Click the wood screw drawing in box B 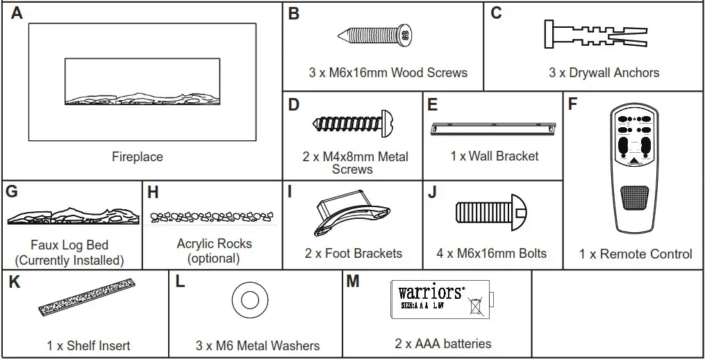376,34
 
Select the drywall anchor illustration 595,33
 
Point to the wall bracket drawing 493,128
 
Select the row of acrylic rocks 212,218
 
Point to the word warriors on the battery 431,292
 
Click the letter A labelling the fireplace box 17,14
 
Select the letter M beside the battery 353,282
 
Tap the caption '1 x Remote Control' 635,254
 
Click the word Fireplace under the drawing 138,157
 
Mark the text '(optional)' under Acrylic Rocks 214,259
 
